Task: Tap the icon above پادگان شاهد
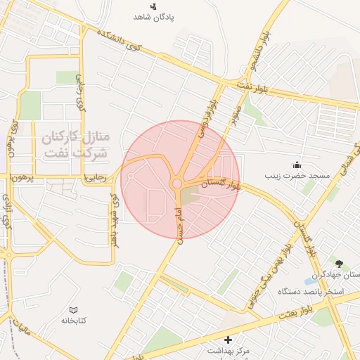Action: click(154, 6)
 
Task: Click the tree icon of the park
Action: click(341, 264)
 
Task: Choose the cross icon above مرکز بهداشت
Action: click(228, 340)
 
